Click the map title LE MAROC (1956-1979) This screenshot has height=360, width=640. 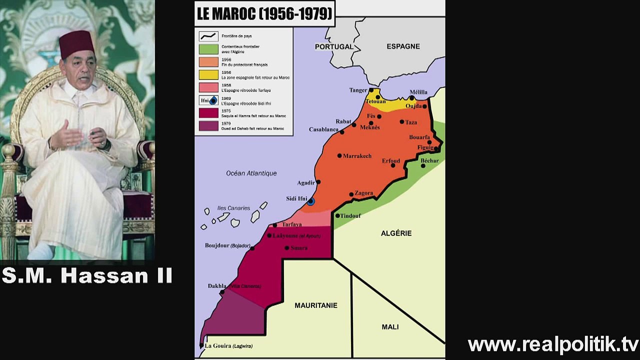tap(264, 13)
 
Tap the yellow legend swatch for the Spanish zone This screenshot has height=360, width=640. tap(208, 75)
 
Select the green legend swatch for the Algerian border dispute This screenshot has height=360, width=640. tap(208, 49)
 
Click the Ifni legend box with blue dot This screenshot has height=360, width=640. tap(208, 100)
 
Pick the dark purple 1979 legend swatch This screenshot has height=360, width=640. tap(208, 126)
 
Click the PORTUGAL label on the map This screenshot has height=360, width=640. tap(334, 46)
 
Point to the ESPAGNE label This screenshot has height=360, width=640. tap(403, 46)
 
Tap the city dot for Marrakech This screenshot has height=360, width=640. tap(339, 156)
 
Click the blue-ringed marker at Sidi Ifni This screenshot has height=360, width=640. tap(311, 201)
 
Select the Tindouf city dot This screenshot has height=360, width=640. tap(337, 216)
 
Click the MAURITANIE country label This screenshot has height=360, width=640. tap(316, 305)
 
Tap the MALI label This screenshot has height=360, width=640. tap(390, 326)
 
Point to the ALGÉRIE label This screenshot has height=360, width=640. tap(396, 233)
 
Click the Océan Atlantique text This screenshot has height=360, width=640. tap(251, 173)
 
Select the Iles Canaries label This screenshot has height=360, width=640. tap(233, 208)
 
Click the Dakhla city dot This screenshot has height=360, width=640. tap(222, 292)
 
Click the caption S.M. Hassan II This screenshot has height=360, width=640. tap(87, 275)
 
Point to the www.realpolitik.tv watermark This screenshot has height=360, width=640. tap(553, 344)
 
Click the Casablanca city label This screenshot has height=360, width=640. tap(323, 129)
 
